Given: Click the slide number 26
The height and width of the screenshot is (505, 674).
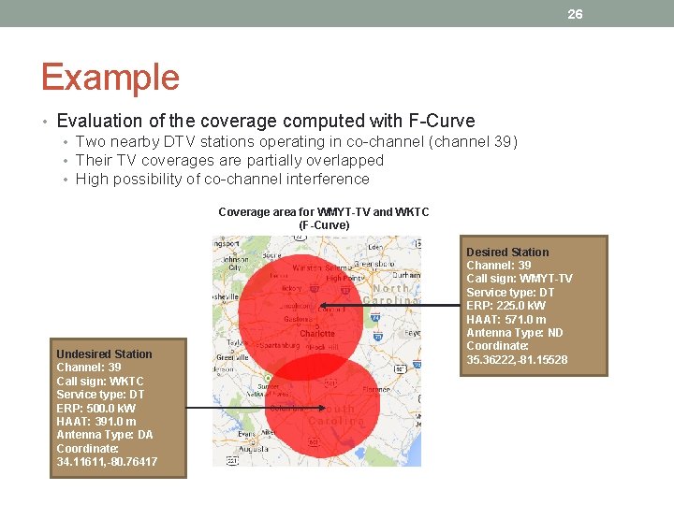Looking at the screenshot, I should click(575, 13).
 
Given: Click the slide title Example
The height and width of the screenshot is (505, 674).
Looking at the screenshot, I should click(110, 77).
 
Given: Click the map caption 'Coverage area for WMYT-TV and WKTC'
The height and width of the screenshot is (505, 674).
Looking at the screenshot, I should click(323, 212).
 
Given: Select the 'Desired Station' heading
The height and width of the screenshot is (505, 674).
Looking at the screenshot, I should click(507, 252).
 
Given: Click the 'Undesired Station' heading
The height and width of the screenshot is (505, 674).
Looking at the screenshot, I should click(104, 354).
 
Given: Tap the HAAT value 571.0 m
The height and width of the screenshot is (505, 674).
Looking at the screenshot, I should click(526, 320).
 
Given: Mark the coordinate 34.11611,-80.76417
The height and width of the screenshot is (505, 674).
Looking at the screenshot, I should click(107, 462).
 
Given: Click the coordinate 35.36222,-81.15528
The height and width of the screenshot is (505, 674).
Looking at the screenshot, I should click(517, 360).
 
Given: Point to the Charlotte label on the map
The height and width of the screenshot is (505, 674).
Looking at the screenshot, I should click(317, 334).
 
